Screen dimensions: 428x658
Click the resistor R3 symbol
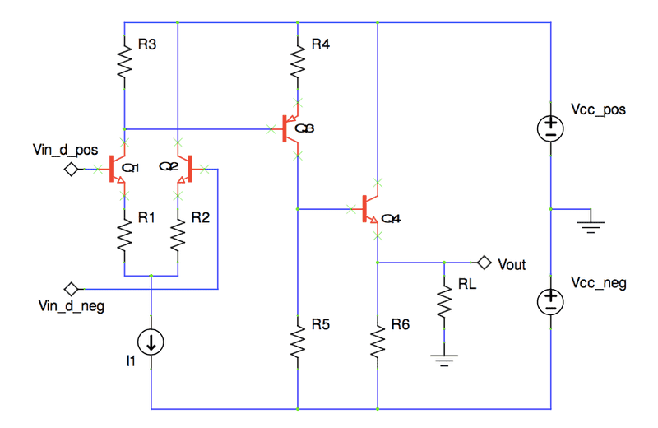pyautogui.click(x=123, y=60)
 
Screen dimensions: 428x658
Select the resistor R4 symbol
pyautogui.click(x=297, y=60)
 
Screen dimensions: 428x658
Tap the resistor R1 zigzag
pyautogui.click(x=123, y=238)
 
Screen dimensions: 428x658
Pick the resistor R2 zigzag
pyautogui.click(x=178, y=238)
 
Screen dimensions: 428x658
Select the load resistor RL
pyautogui.click(x=444, y=301)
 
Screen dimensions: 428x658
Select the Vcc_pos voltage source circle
pyautogui.click(x=549, y=128)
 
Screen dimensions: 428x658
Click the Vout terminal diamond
pyautogui.click(x=484, y=263)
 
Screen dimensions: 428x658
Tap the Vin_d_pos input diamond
pyautogui.click(x=72, y=170)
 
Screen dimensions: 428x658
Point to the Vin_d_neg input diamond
pyautogui.click(x=72, y=289)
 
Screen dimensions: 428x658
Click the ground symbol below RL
pyautogui.click(x=444, y=356)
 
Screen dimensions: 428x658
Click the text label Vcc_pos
pyautogui.click(x=598, y=109)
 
